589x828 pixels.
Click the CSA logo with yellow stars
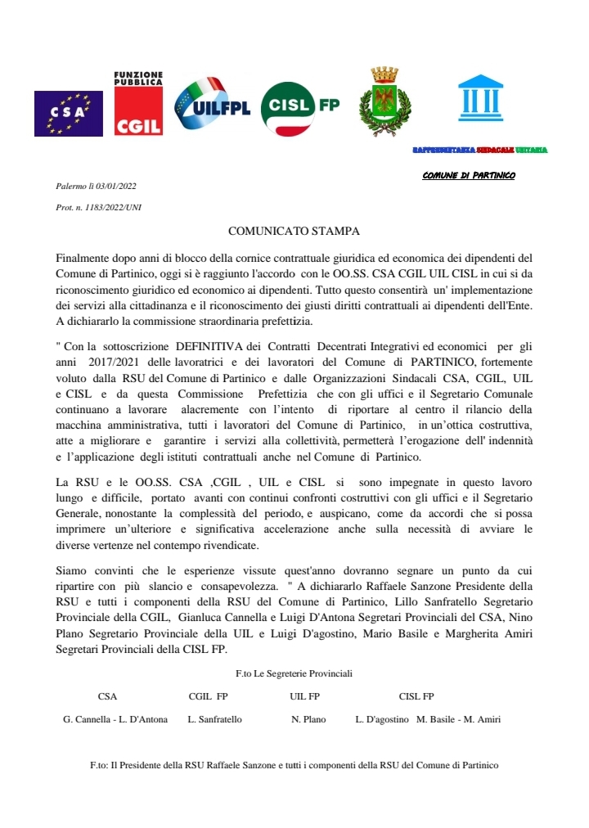click(x=68, y=113)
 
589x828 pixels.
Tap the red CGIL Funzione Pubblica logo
click(x=137, y=103)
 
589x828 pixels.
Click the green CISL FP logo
click(x=299, y=107)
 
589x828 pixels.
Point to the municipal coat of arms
click(x=384, y=101)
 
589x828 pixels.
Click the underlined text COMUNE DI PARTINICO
click(x=469, y=176)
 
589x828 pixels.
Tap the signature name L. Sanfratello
click(x=214, y=720)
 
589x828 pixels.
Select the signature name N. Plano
click(x=308, y=720)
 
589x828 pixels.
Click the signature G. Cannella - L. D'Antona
click(x=115, y=720)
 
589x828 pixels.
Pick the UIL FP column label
click(x=304, y=697)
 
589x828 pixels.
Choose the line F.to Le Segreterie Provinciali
click(x=294, y=673)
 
